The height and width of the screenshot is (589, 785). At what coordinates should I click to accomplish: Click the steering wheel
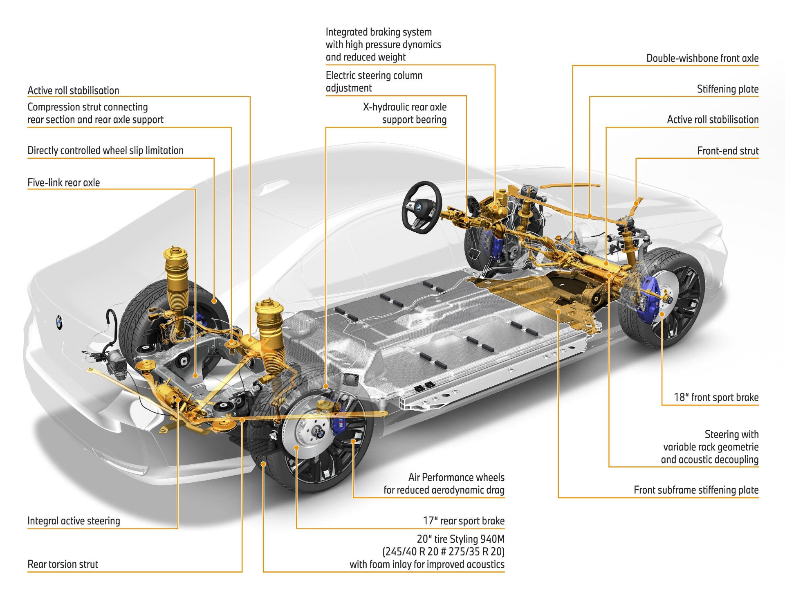pyautogui.click(x=422, y=207)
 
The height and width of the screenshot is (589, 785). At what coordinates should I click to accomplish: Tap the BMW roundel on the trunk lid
pyautogui.click(x=59, y=322)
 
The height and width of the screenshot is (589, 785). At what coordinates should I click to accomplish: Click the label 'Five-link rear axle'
pyautogui.click(x=64, y=182)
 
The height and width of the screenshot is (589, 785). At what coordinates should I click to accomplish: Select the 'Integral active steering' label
pyautogui.click(x=74, y=521)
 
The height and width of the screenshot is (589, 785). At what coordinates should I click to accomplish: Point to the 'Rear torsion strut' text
pyautogui.click(x=63, y=564)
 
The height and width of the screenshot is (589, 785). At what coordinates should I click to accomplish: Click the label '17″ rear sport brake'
pyautogui.click(x=464, y=521)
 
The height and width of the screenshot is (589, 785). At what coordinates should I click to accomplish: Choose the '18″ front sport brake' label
pyautogui.click(x=716, y=397)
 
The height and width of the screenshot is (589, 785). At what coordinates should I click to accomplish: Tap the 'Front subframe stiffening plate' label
pyautogui.click(x=696, y=490)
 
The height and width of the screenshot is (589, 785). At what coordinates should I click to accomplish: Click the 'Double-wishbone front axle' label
pyautogui.click(x=702, y=58)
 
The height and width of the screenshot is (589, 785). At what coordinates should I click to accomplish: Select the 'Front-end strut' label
pyautogui.click(x=728, y=151)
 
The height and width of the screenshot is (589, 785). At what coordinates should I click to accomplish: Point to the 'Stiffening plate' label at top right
pyautogui.click(x=727, y=89)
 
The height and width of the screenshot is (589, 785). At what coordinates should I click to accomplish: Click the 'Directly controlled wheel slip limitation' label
pyautogui.click(x=105, y=150)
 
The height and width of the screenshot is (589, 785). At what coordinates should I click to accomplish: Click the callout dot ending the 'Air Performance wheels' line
pyautogui.click(x=353, y=441)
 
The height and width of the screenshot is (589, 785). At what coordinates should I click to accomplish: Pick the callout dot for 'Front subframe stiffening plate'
pyautogui.click(x=558, y=312)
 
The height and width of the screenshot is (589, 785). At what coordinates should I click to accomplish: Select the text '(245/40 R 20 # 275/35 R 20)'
pyautogui.click(x=443, y=551)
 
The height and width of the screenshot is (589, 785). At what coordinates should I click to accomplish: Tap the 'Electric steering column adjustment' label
pyautogui.click(x=374, y=81)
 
